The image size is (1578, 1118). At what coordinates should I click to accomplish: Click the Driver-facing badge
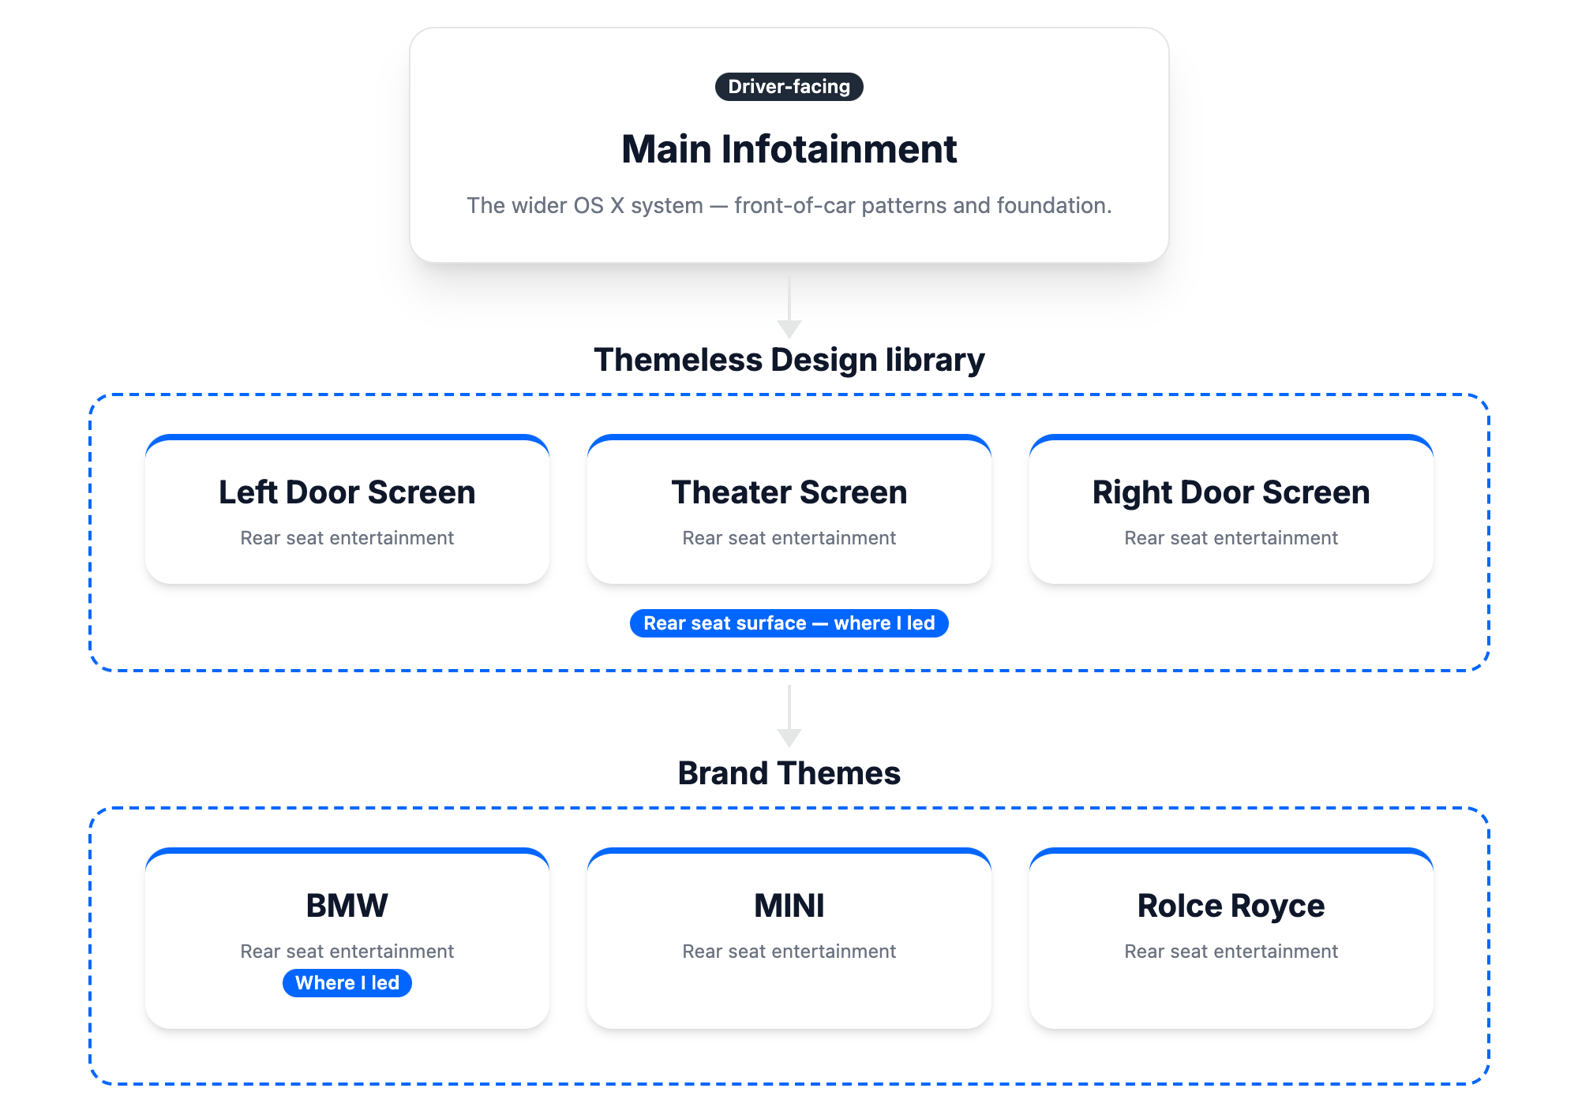pyautogui.click(x=789, y=87)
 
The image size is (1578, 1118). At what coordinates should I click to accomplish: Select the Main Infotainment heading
pyautogui.click(x=789, y=149)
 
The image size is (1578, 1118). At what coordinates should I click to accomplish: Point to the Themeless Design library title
pyautogui.click(x=789, y=360)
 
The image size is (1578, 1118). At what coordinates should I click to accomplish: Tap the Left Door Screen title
pyautogui.click(x=347, y=492)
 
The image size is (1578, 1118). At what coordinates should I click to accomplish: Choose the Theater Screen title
pyautogui.click(x=789, y=492)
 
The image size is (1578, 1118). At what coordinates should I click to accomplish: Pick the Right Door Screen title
pyautogui.click(x=1231, y=492)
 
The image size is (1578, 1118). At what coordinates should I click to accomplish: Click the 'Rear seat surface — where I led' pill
pyautogui.click(x=789, y=623)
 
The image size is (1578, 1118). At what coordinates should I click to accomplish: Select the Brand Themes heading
pyautogui.click(x=789, y=773)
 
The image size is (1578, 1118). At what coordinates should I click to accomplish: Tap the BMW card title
pyautogui.click(x=347, y=906)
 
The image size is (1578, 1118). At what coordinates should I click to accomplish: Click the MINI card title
pyautogui.click(x=789, y=906)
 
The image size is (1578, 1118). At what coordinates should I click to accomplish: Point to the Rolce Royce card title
pyautogui.click(x=1231, y=906)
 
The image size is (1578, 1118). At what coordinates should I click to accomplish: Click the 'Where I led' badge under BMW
pyautogui.click(x=347, y=983)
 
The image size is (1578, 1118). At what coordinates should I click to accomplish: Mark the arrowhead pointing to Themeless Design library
pyautogui.click(x=789, y=329)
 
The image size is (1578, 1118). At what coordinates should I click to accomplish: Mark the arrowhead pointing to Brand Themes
pyautogui.click(x=789, y=738)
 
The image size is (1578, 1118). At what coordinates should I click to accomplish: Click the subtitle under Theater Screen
pyautogui.click(x=789, y=538)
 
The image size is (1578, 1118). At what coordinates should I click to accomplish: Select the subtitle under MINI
pyautogui.click(x=789, y=952)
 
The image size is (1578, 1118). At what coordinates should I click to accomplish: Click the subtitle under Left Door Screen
pyautogui.click(x=347, y=538)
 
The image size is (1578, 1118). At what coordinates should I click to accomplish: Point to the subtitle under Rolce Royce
pyautogui.click(x=1231, y=952)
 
